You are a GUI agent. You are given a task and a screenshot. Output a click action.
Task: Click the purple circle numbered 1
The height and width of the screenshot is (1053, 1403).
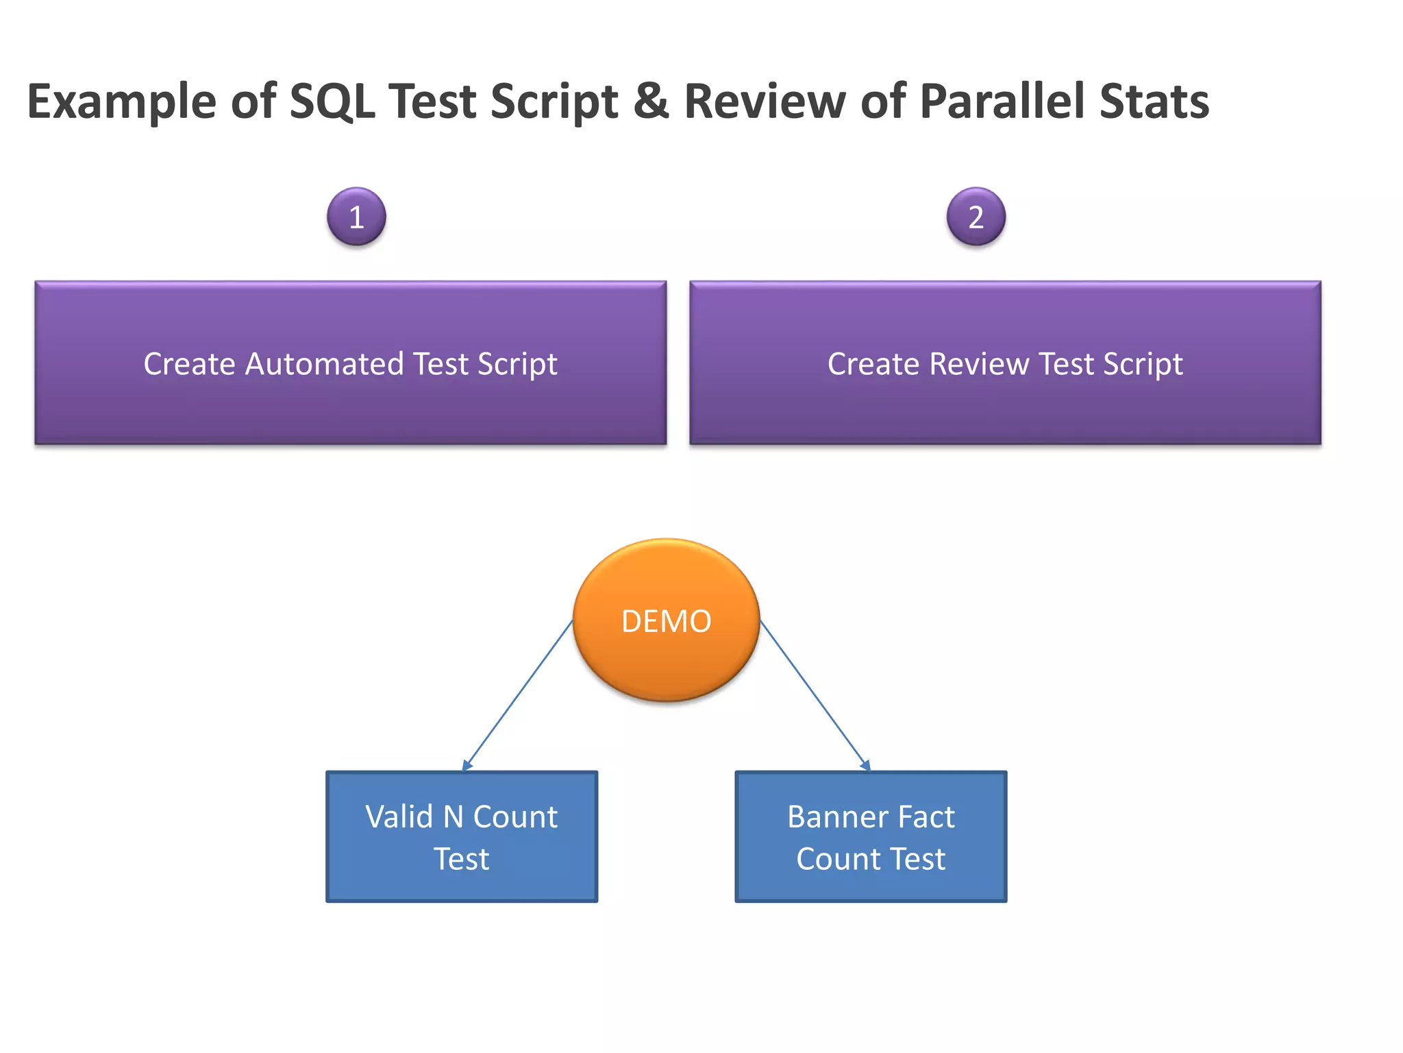pyautogui.click(x=356, y=217)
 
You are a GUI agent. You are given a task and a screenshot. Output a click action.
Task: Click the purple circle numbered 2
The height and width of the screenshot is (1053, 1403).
pyautogui.click(x=976, y=217)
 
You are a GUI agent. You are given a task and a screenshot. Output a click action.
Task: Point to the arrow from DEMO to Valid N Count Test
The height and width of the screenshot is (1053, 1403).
pyautogui.click(x=519, y=695)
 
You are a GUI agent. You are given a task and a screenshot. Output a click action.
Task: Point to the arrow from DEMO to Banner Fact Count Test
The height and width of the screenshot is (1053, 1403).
pyautogui.click(x=814, y=695)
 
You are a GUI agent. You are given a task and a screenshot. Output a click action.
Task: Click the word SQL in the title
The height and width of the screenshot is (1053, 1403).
pyautogui.click(x=332, y=101)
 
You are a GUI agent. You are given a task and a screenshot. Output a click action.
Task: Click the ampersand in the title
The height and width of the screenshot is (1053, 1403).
pyautogui.click(x=651, y=101)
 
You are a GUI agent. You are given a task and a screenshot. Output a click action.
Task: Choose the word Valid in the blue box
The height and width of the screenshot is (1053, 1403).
pyautogui.click(x=399, y=816)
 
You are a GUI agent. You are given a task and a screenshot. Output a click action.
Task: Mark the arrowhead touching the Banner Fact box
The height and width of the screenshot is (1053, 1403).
pyautogui.click(x=866, y=766)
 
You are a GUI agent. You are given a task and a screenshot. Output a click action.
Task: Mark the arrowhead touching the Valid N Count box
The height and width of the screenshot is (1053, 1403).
pyautogui.click(x=467, y=766)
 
